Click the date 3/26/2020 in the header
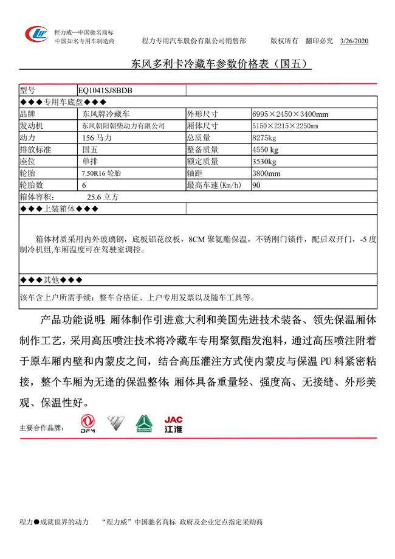coord(354,41)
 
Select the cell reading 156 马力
coord(97,138)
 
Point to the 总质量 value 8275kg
coord(264,138)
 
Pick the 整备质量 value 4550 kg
coord(266,150)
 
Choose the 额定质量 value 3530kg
coord(264,162)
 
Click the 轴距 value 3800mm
coord(266,173)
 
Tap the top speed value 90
coord(256,185)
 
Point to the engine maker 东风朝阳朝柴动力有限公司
coord(123,126)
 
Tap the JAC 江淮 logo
coord(173,424)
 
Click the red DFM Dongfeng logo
coord(89,424)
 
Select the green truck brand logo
coord(144,424)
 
